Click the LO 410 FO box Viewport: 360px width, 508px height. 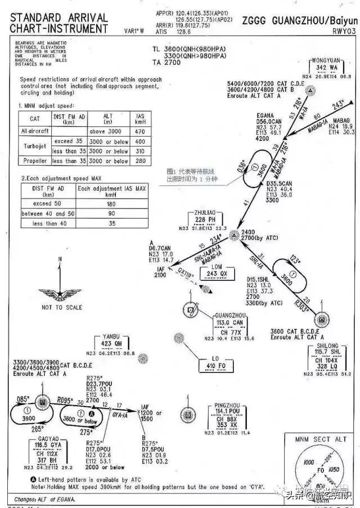pos(216,365)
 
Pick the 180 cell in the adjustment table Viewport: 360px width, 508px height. pos(112,203)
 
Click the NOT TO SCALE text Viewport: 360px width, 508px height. pos(61,307)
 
